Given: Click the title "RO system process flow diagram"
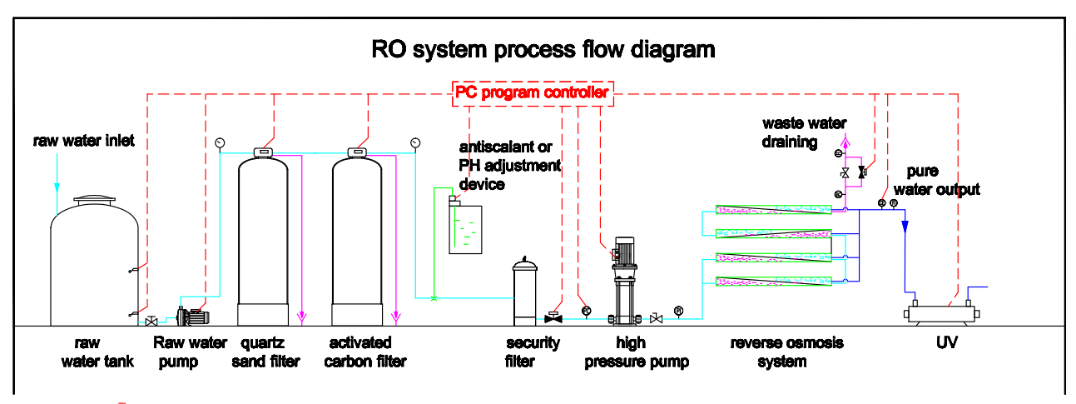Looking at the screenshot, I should coord(543,49).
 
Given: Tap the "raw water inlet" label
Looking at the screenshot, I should coord(84,141).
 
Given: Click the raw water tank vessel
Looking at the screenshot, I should coord(92,267).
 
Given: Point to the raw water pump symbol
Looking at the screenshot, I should coord(191,316).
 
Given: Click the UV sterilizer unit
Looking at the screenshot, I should coord(942,314).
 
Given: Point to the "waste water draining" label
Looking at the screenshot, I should coord(805,132).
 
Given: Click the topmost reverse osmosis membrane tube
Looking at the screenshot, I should coord(774,210).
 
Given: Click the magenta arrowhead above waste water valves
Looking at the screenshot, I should coord(846,142).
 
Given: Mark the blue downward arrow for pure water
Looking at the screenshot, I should coord(905,227).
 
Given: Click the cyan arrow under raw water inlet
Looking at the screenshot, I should coord(57,184).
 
